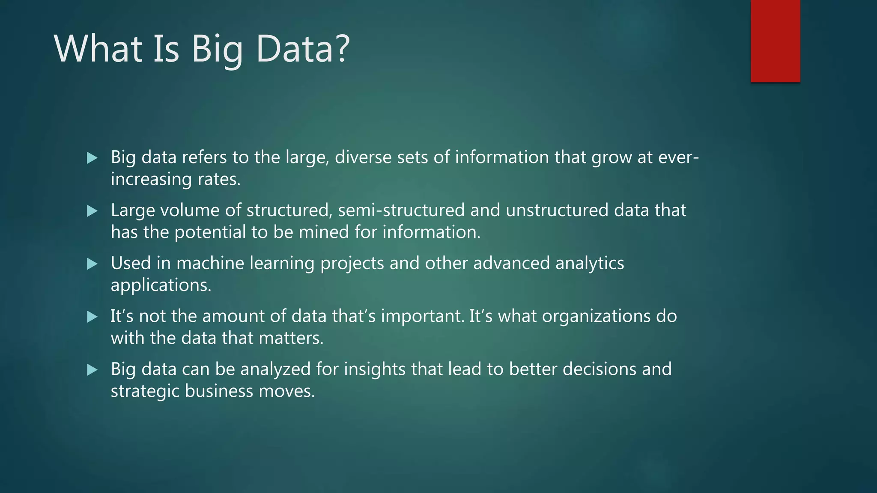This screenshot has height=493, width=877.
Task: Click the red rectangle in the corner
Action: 775,41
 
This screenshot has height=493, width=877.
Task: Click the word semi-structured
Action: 401,211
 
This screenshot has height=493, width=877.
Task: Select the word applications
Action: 161,285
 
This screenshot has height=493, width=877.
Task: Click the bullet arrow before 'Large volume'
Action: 92,211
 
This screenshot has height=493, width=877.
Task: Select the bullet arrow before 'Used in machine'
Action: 92,264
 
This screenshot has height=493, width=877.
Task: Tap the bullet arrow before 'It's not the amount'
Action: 92,317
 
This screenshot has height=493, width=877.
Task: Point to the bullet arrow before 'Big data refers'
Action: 92,158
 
